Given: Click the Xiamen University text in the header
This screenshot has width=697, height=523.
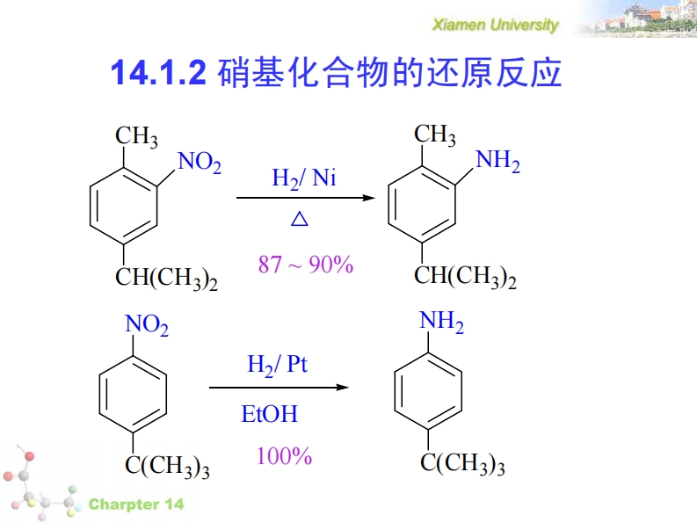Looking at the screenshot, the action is (495, 25).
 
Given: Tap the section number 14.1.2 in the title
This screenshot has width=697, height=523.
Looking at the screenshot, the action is (158, 74).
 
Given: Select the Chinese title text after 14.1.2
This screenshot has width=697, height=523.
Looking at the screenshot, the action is (388, 74).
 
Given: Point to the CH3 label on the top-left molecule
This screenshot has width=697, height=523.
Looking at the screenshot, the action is (136, 137).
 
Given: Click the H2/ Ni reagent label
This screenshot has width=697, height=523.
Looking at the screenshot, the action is (303, 179).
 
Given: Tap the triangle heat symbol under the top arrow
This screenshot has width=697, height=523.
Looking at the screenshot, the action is (300, 220).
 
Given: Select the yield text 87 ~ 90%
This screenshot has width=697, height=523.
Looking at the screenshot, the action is (306, 264).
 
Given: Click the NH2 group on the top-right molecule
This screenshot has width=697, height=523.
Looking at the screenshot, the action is (497, 163).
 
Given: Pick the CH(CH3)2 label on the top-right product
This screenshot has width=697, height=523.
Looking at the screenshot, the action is (465, 278).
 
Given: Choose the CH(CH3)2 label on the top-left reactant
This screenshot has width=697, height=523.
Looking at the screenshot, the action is (167, 279).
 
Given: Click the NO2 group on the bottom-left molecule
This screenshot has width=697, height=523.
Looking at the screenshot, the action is (147, 326).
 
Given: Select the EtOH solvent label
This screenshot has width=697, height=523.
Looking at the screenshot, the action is (270, 413).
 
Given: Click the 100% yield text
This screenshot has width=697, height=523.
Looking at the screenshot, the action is (284, 456).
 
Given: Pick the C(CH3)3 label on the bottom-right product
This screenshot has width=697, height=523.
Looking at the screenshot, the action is (462, 464).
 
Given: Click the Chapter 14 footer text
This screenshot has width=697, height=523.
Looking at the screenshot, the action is (136, 505).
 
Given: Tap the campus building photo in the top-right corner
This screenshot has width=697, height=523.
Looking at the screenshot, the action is (634, 19).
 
